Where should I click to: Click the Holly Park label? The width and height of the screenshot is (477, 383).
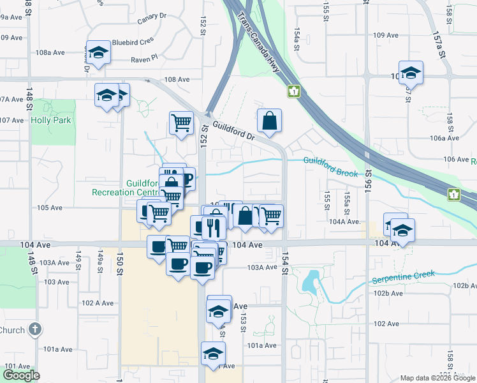click(52, 120)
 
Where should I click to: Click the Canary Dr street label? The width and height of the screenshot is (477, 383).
click(151, 17)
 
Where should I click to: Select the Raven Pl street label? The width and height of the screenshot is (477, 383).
click(143, 58)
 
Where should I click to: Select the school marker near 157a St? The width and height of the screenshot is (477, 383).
click(411, 73)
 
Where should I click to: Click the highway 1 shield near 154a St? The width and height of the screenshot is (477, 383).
click(293, 92)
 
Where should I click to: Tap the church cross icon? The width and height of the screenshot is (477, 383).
click(35, 329)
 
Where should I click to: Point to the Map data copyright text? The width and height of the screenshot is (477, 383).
click(437, 378)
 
